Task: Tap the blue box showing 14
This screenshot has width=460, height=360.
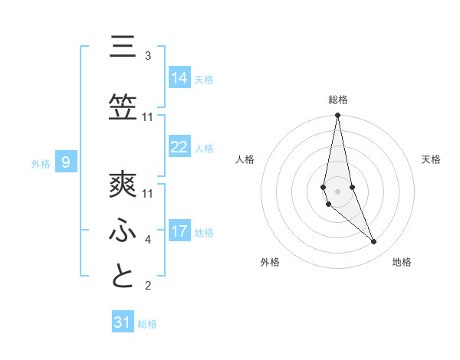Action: pos(179,78)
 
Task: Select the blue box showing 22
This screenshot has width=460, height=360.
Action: pos(179,147)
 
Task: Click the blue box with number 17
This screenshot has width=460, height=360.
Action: pos(179,231)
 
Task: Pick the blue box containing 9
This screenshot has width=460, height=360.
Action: pos(67,162)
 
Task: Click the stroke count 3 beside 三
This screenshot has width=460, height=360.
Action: pos(148,56)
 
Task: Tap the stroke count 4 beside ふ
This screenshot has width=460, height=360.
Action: pos(148,240)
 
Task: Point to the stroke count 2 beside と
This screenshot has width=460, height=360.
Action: pos(148,286)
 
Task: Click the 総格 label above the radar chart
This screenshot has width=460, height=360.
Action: pos(338,100)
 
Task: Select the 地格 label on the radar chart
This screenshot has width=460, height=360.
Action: pos(402,262)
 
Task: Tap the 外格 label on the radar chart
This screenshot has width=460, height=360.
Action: pos(270,262)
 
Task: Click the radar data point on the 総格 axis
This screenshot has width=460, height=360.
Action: pos(337,116)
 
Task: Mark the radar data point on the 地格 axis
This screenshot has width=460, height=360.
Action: pos(374,242)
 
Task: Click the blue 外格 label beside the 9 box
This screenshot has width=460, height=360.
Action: pos(40,163)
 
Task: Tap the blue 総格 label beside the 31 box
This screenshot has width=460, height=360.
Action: pos(147,324)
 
